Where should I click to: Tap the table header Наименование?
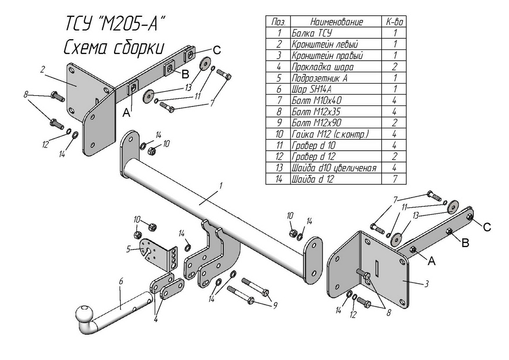336,22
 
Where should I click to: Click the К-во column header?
395,22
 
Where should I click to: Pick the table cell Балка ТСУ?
312,33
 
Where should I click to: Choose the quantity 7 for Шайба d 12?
395,179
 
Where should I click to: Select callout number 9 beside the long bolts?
275,306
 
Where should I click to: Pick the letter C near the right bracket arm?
487,227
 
